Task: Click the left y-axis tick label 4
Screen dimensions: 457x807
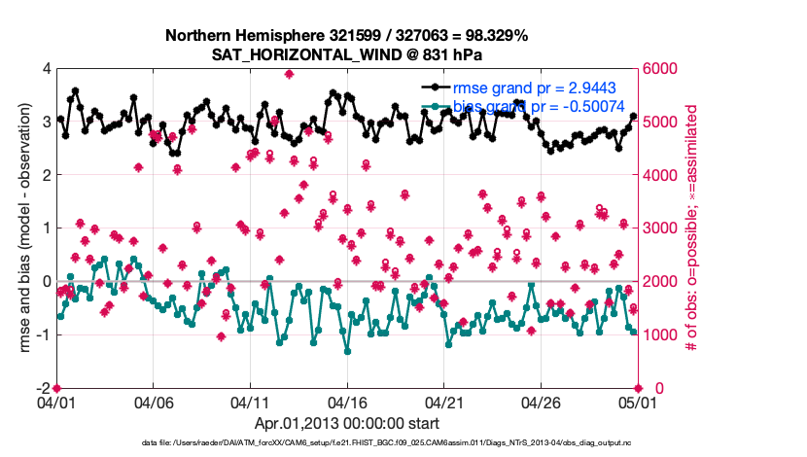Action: coord(45,69)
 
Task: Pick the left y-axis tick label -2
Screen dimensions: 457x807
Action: coord(42,388)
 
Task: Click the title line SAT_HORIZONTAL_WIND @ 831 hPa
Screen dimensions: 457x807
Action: coord(346,54)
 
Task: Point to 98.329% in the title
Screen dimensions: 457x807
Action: coord(495,35)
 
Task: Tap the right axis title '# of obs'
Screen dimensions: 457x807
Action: coord(692,228)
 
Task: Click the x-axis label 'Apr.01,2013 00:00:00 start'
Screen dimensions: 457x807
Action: coord(346,424)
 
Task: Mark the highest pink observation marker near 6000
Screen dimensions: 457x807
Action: coord(290,74)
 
